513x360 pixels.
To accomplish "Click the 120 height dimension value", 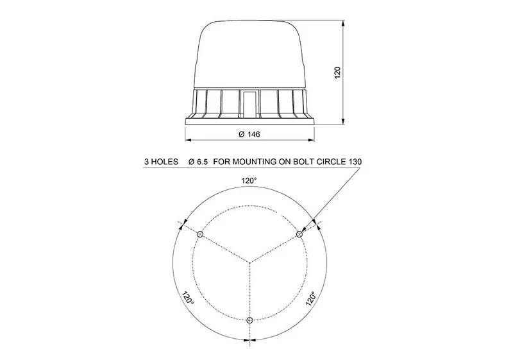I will pyautogui.click(x=338, y=72).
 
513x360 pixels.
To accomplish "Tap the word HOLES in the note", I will pyautogui.click(x=164, y=163).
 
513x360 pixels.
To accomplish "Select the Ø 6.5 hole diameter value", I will pyautogui.click(x=198, y=163).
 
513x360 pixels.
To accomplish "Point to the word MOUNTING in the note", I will pyautogui.click(x=253, y=163).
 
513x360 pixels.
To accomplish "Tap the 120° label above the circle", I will pyautogui.click(x=249, y=181).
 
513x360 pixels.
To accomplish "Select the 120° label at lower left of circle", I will pyautogui.click(x=187, y=299).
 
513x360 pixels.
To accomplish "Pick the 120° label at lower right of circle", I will pyautogui.click(x=311, y=299).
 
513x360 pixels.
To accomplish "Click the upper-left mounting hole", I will pyautogui.click(x=200, y=236).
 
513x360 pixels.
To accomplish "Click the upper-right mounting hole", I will pyautogui.click(x=299, y=236).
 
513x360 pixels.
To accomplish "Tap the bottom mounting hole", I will pyautogui.click(x=250, y=320).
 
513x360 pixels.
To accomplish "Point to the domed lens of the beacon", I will pyautogui.click(x=249, y=55).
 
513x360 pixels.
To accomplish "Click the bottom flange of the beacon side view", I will pyautogui.click(x=249, y=120).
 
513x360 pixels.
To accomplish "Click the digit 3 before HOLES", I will pyautogui.click(x=147, y=163).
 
